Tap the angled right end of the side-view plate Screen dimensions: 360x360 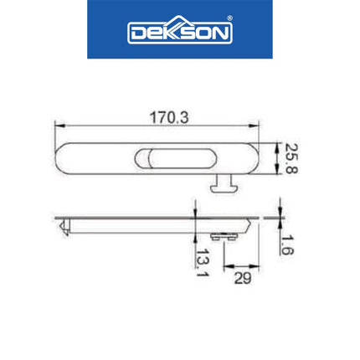pyautogui.click(x=254, y=221)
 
